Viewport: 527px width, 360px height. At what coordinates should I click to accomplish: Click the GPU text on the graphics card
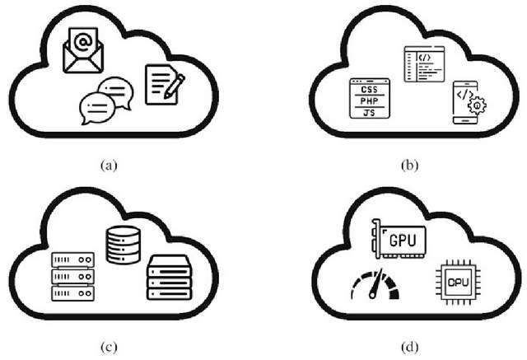pyautogui.click(x=403, y=240)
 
